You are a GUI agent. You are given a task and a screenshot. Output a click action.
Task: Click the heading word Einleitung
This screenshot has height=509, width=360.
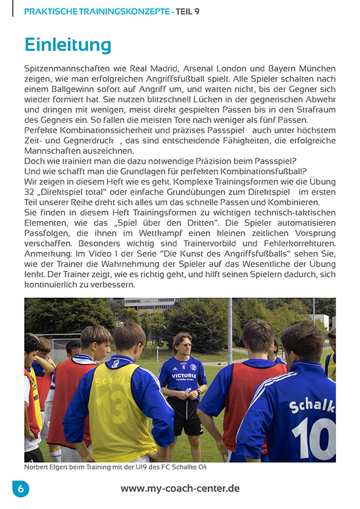pyautogui.click(x=68, y=45)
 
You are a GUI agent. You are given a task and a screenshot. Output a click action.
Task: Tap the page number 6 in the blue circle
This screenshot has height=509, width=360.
pyautogui.click(x=20, y=489)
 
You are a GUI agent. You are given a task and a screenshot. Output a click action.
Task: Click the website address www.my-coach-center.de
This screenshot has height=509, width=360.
pyautogui.click(x=180, y=488)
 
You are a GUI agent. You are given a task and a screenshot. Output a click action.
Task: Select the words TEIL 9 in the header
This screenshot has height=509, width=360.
pyautogui.click(x=188, y=11)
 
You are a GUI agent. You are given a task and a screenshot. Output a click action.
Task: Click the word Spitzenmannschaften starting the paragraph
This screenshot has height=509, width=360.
pyautogui.click(x=65, y=69)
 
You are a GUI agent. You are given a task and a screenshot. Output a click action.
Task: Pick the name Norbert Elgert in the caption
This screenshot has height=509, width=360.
pyautogui.click(x=47, y=467)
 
